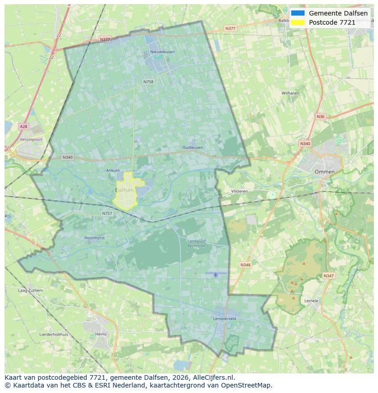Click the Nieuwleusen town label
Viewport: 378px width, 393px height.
(162, 52)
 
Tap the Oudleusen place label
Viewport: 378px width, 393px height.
(192, 147)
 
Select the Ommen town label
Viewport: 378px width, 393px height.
(324, 172)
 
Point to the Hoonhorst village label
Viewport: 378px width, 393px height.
(95, 238)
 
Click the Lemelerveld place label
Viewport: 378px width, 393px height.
(224, 318)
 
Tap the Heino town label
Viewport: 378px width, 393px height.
(100, 334)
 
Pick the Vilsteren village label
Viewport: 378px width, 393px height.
(239, 191)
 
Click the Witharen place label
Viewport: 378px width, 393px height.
(290, 93)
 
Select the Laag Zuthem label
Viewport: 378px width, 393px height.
(30, 290)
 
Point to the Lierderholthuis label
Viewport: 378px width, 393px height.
(54, 334)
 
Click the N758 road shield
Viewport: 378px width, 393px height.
(148, 82)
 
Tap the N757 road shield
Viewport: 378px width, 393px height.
(107, 213)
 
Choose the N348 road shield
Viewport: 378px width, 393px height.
(245, 265)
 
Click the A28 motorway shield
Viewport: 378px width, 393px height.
(23, 126)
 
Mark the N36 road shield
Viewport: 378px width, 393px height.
(320, 116)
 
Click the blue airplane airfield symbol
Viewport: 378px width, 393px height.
(215, 274)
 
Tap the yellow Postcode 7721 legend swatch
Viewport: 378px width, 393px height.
(297, 22)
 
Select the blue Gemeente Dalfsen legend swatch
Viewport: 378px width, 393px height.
(297, 13)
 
